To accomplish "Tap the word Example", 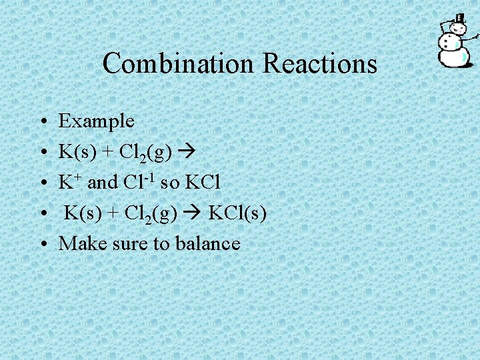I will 97,121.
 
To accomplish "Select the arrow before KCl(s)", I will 197,213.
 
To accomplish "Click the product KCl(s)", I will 238,213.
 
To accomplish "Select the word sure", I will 125,243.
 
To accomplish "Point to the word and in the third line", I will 103,182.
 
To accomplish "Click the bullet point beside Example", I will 42,122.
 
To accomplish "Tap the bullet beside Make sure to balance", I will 42,244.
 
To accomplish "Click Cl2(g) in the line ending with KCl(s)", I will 153,213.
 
